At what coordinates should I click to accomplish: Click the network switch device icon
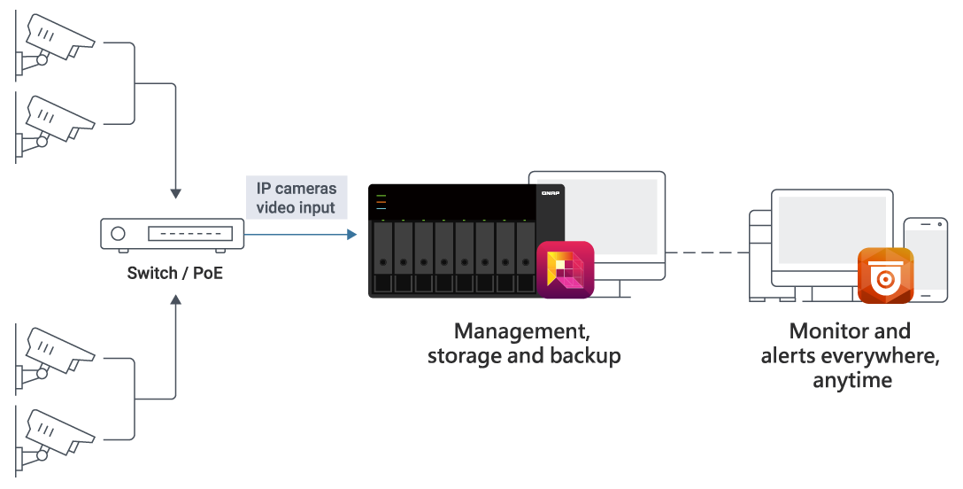173,235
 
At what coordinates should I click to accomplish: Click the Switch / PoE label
175,272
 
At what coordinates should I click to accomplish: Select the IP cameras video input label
296,198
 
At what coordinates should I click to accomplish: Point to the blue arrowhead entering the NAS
352,235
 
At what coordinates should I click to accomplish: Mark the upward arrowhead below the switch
175,301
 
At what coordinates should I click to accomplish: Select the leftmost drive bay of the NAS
383,257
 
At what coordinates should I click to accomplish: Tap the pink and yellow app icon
566,269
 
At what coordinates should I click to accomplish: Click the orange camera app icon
885,276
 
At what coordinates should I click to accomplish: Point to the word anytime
852,381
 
